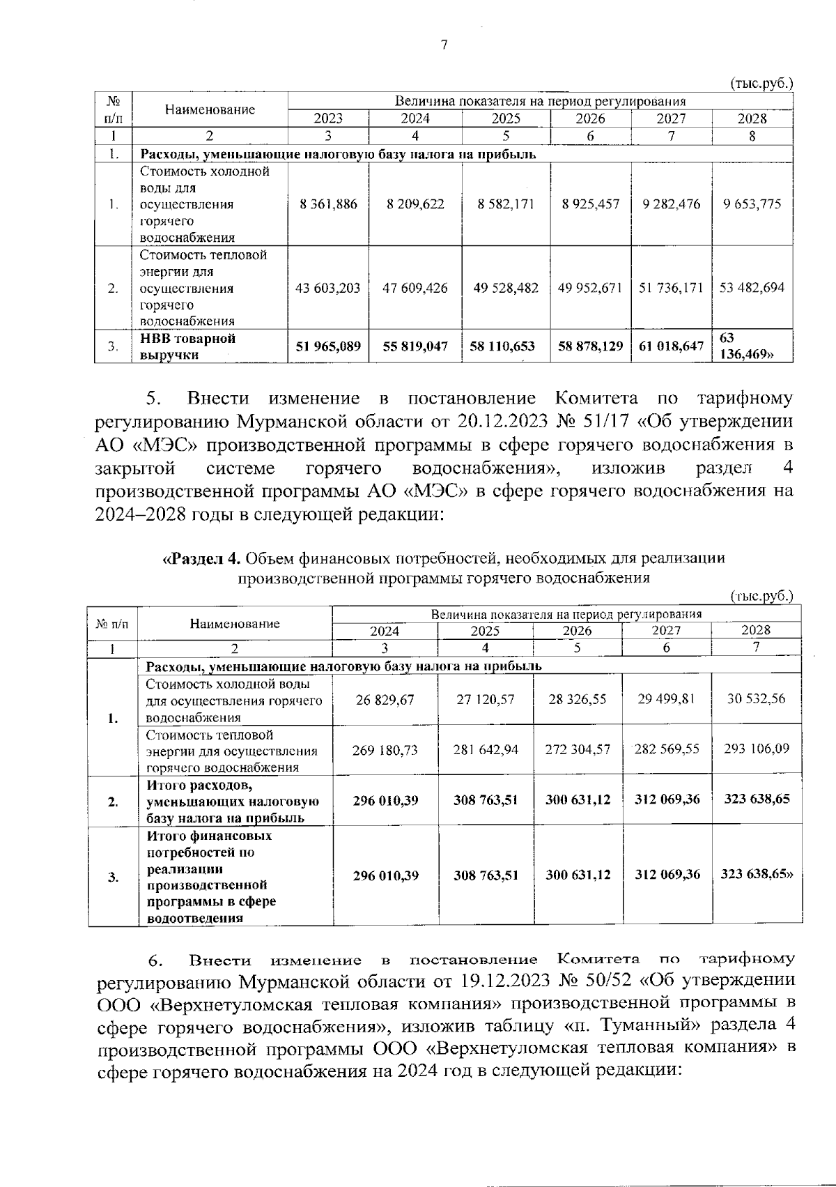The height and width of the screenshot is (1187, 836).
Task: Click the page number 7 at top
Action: pyautogui.click(x=444, y=45)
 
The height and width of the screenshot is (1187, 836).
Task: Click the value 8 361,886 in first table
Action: pyautogui.click(x=328, y=204)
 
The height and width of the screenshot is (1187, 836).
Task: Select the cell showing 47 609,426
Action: pyautogui.click(x=415, y=288)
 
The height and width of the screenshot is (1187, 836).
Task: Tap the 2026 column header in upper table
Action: pyautogui.click(x=590, y=118)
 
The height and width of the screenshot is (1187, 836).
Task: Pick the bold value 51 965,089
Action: pyautogui.click(x=328, y=346)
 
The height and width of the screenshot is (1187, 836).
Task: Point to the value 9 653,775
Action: pyautogui.click(x=752, y=204)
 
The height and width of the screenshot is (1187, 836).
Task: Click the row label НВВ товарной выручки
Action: pyautogui.click(x=188, y=346)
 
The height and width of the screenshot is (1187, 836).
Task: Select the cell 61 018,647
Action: pyautogui.click(x=671, y=346)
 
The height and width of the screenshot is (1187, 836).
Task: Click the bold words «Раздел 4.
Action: pyautogui.click(x=201, y=558)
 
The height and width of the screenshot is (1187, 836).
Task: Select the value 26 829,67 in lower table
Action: pyautogui.click(x=385, y=699)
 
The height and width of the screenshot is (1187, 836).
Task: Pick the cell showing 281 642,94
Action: pyautogui.click(x=486, y=749)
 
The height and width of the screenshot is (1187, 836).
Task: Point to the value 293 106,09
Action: pyautogui.click(x=756, y=749)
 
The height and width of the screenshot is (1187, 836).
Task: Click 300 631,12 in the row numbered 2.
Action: pyautogui.click(x=578, y=799)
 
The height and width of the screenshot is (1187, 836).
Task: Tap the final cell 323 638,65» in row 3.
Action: pyautogui.click(x=757, y=875)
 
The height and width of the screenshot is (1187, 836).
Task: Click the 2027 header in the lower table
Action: pyautogui.click(x=667, y=631)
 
